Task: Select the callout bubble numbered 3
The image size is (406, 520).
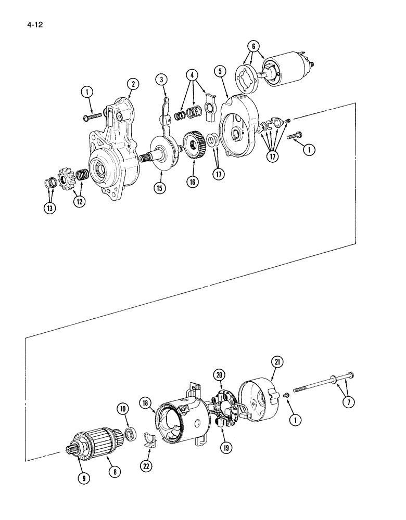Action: pos(162,80)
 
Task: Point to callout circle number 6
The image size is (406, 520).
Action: pos(253,46)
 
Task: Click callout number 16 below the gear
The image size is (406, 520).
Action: pos(193,181)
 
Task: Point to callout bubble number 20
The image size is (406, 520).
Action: pos(219,375)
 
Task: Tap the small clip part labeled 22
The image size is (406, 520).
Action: pos(149,440)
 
